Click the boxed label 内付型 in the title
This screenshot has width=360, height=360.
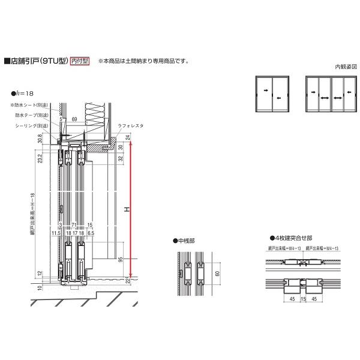tap(79, 61)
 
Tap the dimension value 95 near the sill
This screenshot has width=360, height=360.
tap(121, 260)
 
